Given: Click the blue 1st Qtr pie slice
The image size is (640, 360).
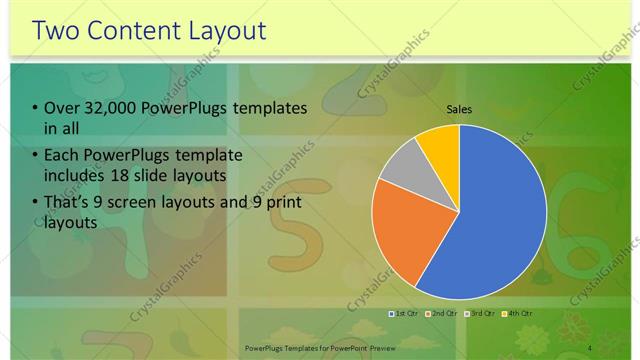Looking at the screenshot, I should (x=500, y=220).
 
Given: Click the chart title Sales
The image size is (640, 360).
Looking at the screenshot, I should (x=459, y=110).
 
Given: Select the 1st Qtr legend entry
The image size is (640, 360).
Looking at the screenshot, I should (x=405, y=315).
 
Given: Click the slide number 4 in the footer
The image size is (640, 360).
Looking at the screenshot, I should (x=590, y=347).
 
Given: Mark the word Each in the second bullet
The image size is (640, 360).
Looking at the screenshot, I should (x=62, y=157).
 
